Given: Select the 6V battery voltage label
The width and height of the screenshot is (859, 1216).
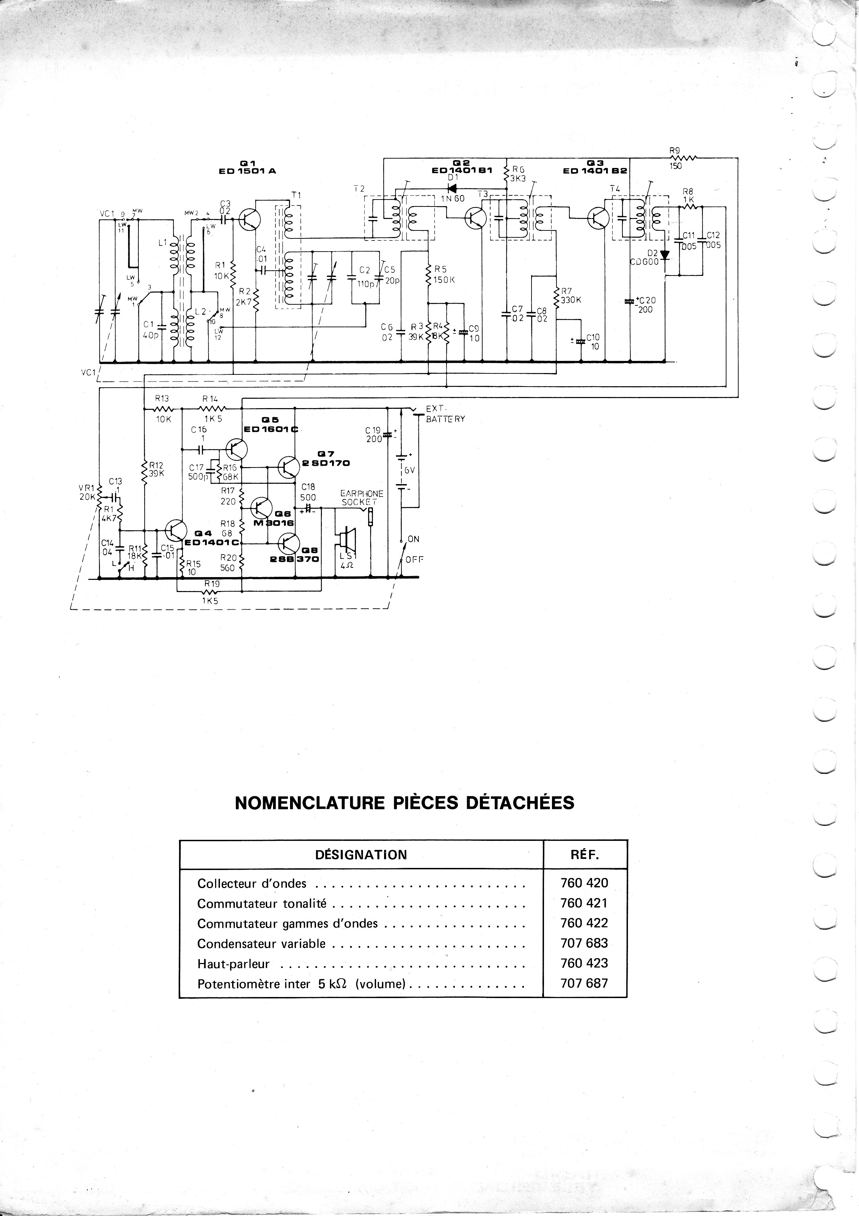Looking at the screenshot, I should coord(409,470).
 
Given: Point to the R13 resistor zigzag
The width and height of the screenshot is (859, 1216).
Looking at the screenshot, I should coord(163,409).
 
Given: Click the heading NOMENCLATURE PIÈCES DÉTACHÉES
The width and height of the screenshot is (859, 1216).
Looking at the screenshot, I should coord(404,803).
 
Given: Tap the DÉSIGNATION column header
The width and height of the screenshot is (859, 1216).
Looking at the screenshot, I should coord(361,855).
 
